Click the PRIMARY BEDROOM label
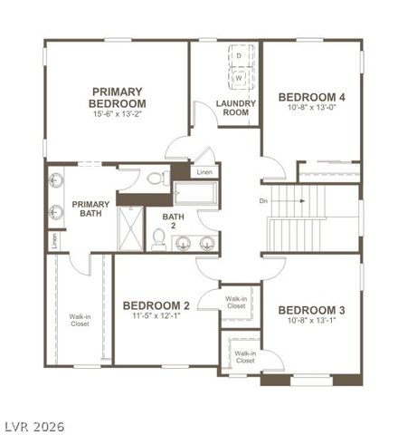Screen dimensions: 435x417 point(117,97)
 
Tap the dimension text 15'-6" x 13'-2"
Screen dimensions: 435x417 point(117,116)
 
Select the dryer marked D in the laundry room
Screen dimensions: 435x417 point(239,56)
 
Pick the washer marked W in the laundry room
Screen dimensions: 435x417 point(239,77)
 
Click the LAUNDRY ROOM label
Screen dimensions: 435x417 point(236,108)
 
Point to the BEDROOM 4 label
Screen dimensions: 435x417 point(311,97)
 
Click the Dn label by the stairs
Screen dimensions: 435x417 point(263,200)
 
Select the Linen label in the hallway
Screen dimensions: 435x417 point(205,172)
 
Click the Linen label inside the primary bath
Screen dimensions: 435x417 point(54,241)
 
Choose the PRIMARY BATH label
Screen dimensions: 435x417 point(90,209)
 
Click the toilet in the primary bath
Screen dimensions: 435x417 point(155,179)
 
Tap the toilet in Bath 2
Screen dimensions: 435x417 point(159,237)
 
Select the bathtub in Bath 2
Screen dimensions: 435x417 point(194,193)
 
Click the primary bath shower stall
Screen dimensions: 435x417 point(131,226)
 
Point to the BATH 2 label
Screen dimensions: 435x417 point(173,222)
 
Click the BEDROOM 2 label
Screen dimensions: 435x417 point(156,305)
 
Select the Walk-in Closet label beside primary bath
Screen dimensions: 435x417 point(80,320)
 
